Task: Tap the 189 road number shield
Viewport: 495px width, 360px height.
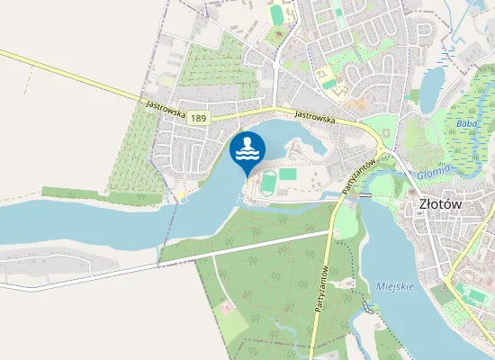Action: pos(198,117)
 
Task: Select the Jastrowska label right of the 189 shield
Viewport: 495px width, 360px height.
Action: pos(315,116)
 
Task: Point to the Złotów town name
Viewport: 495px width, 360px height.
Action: pos(441,203)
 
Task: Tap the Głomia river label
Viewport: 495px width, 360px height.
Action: pos(434,173)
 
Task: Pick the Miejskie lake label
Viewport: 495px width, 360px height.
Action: pos(393,286)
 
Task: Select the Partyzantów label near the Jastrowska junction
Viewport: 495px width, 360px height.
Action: pos(358,173)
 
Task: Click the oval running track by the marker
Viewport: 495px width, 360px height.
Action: pos(269,184)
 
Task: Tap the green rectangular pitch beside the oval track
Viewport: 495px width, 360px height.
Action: pos(288,173)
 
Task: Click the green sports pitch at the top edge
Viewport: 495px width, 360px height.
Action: pos(276,14)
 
